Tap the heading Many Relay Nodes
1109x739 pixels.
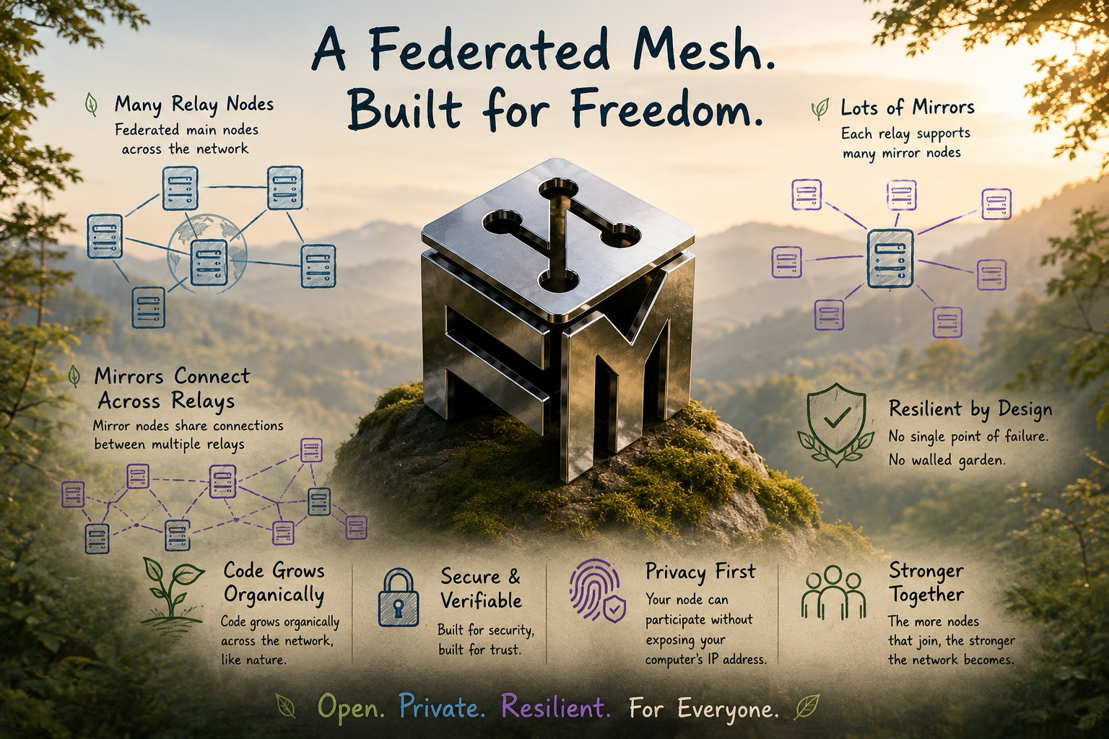click(194, 105)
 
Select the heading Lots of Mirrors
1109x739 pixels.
click(908, 108)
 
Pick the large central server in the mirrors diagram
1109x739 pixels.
click(890, 258)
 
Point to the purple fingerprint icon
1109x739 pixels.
click(596, 590)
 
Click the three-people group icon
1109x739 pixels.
click(834, 592)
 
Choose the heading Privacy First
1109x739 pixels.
click(700, 572)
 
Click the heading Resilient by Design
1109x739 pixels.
click(970, 409)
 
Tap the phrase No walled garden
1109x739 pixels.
click(947, 460)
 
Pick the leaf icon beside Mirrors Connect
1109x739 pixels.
click(74, 377)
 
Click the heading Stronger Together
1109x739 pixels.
click(926, 583)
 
